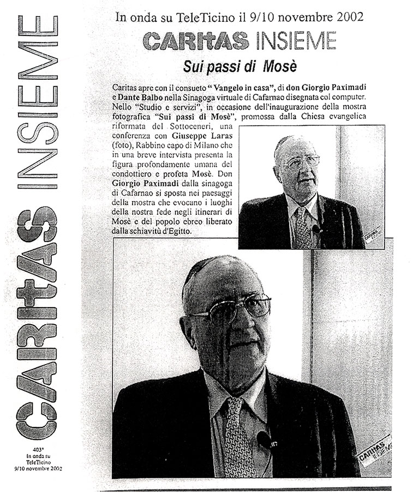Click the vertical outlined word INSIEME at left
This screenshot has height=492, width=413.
click(37, 101)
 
